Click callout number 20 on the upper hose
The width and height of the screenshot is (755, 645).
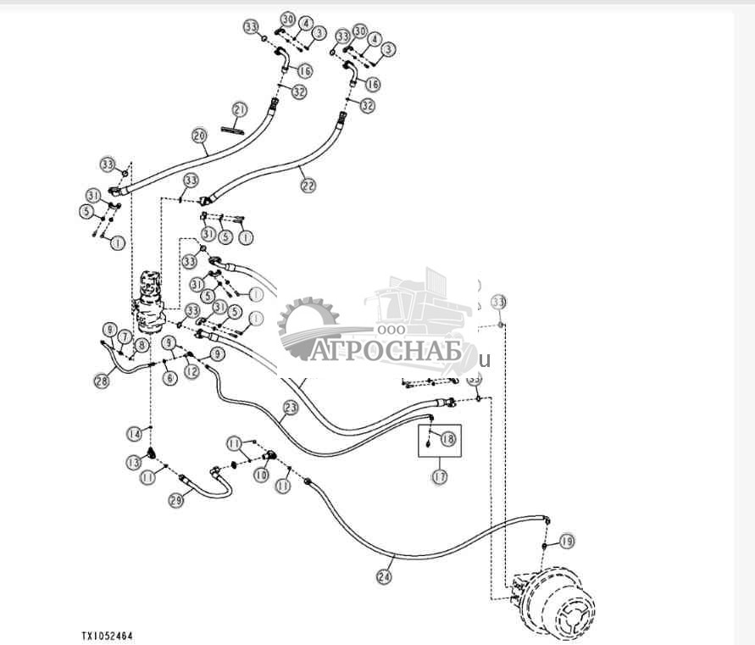pyautogui.click(x=200, y=135)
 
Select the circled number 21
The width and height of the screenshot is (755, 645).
pyautogui.click(x=240, y=110)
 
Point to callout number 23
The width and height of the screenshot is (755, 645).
pyautogui.click(x=291, y=408)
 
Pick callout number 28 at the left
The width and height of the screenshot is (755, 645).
pyautogui.click(x=102, y=381)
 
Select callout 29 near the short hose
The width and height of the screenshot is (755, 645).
pyautogui.click(x=175, y=500)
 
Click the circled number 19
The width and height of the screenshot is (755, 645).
pyautogui.click(x=567, y=541)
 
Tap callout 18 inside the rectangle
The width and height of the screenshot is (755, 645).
pyautogui.click(x=447, y=439)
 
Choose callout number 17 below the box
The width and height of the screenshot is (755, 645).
pyautogui.click(x=439, y=477)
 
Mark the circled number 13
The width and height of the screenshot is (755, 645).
pyautogui.click(x=134, y=462)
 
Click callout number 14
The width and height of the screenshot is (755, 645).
pyautogui.click(x=134, y=434)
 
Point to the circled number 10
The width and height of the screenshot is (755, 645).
pyautogui.click(x=262, y=476)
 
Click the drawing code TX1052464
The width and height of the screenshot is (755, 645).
pyautogui.click(x=107, y=635)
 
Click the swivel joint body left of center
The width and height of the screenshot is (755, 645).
pyautogui.click(x=151, y=301)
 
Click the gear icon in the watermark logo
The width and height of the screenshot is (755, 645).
pyautogui.click(x=307, y=322)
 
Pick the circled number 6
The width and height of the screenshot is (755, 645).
pyautogui.click(x=170, y=378)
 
